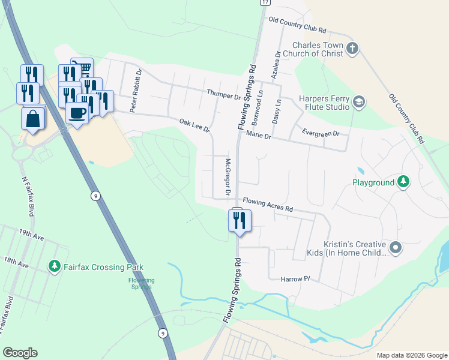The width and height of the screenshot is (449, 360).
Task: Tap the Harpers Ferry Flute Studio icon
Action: (x=359, y=101)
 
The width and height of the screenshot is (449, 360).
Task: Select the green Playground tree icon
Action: (x=405, y=182)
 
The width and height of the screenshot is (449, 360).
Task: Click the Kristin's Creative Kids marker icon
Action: (x=395, y=247)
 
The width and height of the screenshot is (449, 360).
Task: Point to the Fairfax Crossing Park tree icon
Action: (x=55, y=265)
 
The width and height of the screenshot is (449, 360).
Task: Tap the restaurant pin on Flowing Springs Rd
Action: (x=238, y=220)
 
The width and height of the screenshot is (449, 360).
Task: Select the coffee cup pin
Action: (x=77, y=112)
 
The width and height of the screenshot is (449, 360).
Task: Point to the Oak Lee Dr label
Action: (x=194, y=125)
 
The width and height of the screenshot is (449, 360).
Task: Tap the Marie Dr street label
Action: (x=259, y=137)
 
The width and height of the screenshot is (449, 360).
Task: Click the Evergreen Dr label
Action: (x=321, y=133)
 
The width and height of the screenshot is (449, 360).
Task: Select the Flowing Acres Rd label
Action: (x=267, y=205)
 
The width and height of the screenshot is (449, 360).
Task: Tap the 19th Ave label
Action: (x=31, y=236)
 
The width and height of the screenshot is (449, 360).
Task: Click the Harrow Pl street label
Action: (x=295, y=279)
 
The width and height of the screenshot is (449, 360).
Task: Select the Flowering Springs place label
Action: (x=142, y=283)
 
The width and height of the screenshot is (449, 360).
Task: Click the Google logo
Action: (x=20, y=353)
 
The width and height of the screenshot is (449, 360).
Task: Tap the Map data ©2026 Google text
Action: (x=411, y=355)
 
